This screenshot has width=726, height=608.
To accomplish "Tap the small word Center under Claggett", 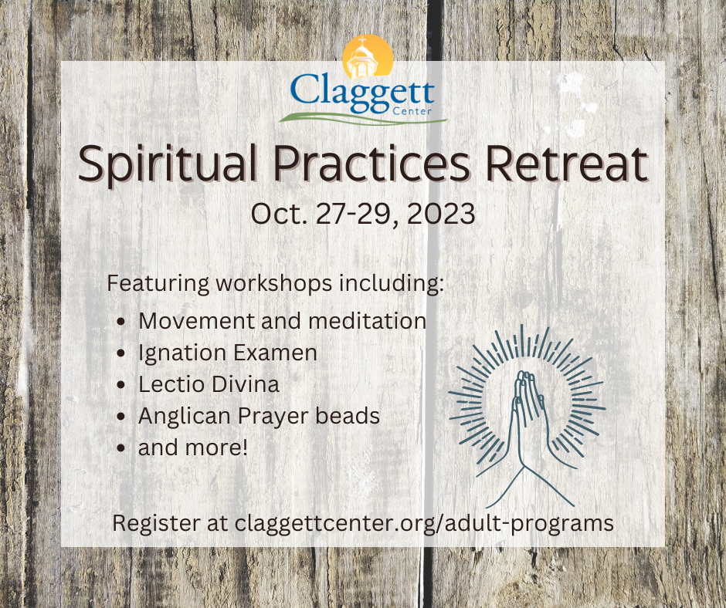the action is pos(412,111).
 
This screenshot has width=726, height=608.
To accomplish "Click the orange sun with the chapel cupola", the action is pos(368,57).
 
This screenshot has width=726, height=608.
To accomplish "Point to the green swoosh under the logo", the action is pos(362,118).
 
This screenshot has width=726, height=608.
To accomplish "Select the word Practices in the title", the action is pos(371,164).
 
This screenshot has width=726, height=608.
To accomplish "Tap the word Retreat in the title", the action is pos(566,164).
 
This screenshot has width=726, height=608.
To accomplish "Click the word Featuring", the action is pos(158,283).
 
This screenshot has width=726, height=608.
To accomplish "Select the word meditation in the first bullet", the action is pos(367,321).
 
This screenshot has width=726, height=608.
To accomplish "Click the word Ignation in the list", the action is pos(182,353).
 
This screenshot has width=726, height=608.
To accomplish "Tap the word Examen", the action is pos(276,353).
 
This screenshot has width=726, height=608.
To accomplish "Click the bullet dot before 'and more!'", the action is pos(121,448).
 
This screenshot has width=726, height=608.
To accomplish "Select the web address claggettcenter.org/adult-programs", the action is pos(424,523).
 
